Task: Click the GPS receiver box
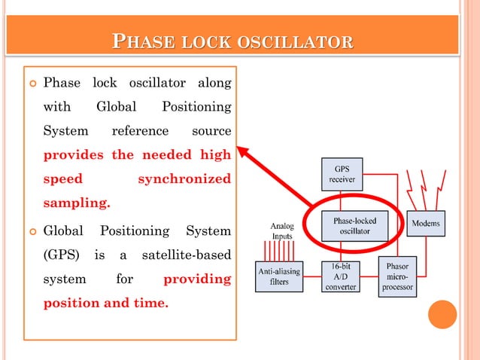[342, 173]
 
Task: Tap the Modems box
[426, 223]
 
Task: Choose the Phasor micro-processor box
[396, 276]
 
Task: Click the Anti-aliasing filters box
[280, 276]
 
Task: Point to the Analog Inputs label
[281, 230]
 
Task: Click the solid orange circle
[442, 315]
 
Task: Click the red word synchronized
[184, 180]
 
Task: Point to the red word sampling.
[77, 203]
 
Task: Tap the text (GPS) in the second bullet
[62, 255]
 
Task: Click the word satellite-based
[187, 255]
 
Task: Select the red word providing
[197, 279]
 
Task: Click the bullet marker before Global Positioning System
[31, 230]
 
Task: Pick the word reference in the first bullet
[140, 131]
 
